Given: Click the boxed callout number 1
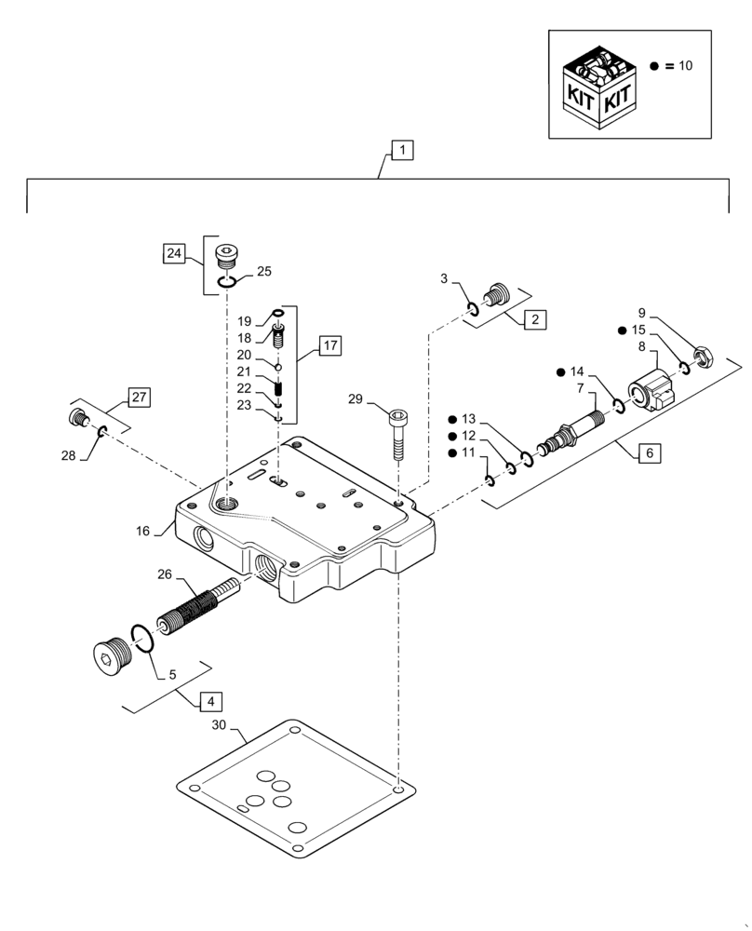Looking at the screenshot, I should pyautogui.click(x=401, y=149).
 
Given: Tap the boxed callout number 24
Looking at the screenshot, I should pyautogui.click(x=174, y=252).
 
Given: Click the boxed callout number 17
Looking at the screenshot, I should pyautogui.click(x=329, y=346).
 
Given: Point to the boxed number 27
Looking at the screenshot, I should pyautogui.click(x=138, y=398).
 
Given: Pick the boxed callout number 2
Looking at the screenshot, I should pyautogui.click(x=534, y=319).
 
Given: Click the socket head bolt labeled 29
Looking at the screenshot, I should pyautogui.click(x=397, y=432).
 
